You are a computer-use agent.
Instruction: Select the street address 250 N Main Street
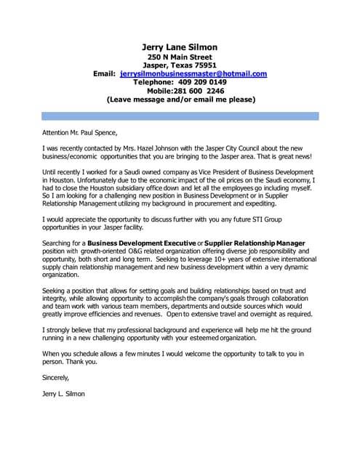180,57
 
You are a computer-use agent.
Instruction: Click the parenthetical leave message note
180,100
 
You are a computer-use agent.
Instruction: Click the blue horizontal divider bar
180,116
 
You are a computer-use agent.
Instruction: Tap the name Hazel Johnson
153,147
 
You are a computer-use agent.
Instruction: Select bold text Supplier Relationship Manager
255,242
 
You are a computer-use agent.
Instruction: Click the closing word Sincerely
57,378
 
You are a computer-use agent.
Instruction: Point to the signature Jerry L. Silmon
65,394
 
